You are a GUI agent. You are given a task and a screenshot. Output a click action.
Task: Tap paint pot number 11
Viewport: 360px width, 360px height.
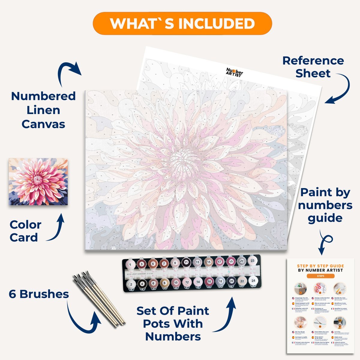186,262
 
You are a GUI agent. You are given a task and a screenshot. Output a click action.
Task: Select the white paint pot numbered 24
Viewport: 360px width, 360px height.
253,281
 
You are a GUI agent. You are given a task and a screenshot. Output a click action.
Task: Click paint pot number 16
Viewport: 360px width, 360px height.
209,282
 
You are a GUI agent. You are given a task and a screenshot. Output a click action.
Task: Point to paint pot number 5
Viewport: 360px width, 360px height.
153,264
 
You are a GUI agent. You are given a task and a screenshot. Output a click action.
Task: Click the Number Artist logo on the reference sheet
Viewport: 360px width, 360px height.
234,72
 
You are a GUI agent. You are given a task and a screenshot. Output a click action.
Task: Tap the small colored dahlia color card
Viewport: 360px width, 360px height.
38,181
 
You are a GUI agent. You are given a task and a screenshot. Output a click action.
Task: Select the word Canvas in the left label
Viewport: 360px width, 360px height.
43,124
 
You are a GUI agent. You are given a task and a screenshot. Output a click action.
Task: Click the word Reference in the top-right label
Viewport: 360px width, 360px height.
313,61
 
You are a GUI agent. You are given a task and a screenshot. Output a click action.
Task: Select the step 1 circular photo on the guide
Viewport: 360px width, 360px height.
300,289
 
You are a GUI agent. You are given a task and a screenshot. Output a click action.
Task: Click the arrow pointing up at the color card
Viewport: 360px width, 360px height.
57,228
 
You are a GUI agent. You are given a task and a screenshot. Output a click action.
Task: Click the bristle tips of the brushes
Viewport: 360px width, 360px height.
81,277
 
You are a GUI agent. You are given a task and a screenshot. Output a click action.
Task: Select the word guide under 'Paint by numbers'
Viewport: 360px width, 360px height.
325,218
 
